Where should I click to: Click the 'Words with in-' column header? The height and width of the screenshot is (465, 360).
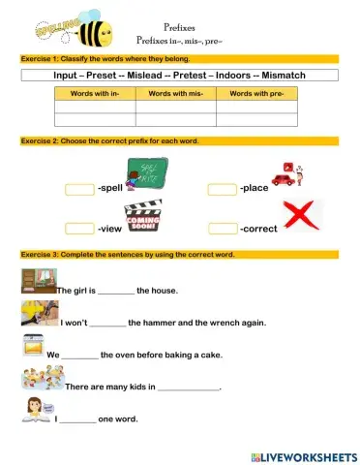coord(95,94)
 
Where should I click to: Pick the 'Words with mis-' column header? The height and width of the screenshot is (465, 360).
coord(174,94)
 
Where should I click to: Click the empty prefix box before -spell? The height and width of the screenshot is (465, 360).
coord(79,188)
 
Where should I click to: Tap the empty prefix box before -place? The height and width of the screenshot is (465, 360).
coord(223,188)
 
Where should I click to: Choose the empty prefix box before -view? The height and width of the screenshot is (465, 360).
coord(79,230)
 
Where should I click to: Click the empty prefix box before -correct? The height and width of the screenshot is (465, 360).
coord(223,230)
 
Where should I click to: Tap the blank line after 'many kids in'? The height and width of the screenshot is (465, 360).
coord(188,387)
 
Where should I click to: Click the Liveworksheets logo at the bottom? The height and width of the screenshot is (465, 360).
coord(303,455)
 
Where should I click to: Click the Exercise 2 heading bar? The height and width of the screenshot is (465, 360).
coord(179,141)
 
